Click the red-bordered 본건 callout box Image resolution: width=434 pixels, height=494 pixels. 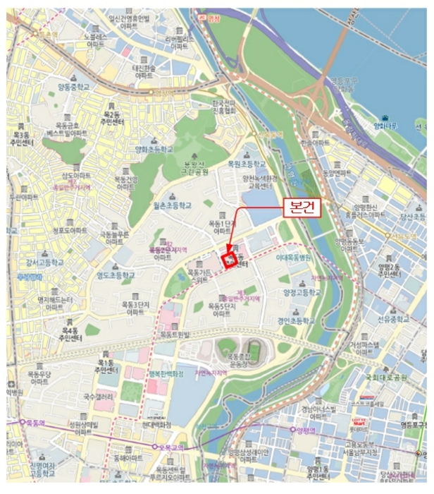[302, 206]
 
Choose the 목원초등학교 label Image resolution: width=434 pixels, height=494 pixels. [244, 163]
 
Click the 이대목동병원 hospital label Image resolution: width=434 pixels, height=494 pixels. [294, 258]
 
